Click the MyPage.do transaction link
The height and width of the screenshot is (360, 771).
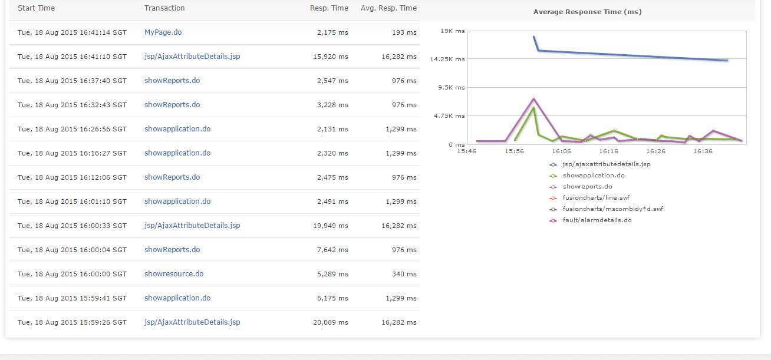pyautogui.click(x=163, y=32)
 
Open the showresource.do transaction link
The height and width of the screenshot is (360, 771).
pyautogui.click(x=174, y=274)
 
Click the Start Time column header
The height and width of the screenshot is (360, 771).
pyautogui.click(x=36, y=8)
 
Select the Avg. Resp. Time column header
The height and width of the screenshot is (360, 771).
pyautogui.click(x=388, y=8)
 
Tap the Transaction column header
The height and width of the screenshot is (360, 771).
pyautogui.click(x=164, y=8)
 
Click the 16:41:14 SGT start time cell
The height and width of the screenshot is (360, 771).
pyautogui.click(x=72, y=32)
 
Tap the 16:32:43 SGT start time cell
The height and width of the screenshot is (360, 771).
pyautogui.click(x=72, y=105)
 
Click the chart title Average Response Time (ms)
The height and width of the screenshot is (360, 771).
pyautogui.click(x=587, y=12)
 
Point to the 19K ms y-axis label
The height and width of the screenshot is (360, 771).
pyautogui.click(x=453, y=31)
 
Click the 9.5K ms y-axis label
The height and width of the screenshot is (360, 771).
pyautogui.click(x=452, y=87)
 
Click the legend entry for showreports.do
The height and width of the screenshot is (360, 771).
pyautogui.click(x=587, y=187)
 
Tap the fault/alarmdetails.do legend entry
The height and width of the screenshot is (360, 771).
pyautogui.click(x=597, y=220)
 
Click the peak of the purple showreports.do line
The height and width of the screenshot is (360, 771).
pyautogui.click(x=533, y=98)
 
